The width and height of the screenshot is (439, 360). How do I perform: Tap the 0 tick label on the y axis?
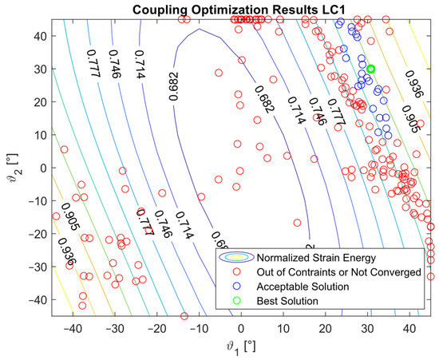click(x=40, y=168)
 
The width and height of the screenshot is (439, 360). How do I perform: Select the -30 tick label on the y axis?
click(x=34, y=267)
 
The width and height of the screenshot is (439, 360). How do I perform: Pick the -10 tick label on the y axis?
click(x=34, y=200)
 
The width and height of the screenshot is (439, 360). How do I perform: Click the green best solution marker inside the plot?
click(x=370, y=69)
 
